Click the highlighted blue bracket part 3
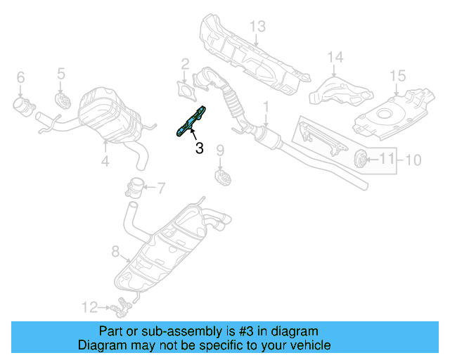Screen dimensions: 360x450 click(191, 120)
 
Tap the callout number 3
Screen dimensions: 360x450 click(199, 148)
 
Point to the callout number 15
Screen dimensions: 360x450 click(397, 75)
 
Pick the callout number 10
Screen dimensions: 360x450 click(413, 160)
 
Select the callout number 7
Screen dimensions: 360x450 click(160, 188)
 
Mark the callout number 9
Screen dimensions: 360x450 click(219, 150)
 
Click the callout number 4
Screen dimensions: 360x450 click(105, 161)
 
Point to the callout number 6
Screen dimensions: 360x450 click(20, 77)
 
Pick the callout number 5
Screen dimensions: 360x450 click(61, 73)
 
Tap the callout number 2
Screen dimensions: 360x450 click(185, 64)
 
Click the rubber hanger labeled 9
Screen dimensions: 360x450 click(221, 176)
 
